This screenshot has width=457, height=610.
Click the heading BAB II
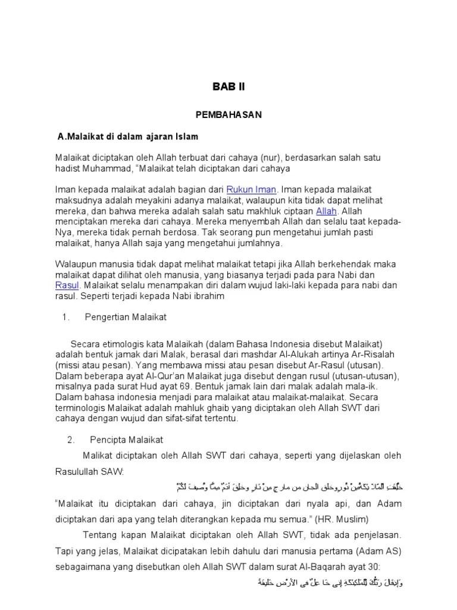[228, 87]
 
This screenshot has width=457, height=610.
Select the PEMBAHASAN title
[228, 115]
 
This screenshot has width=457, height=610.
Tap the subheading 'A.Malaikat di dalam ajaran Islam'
[128, 136]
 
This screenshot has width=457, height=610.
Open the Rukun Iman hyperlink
[251, 189]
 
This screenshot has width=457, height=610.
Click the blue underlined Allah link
[325, 211]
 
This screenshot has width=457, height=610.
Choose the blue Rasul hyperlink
[67, 285]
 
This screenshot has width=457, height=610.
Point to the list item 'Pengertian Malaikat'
[126, 318]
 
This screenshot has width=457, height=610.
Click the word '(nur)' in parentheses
[272, 157]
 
